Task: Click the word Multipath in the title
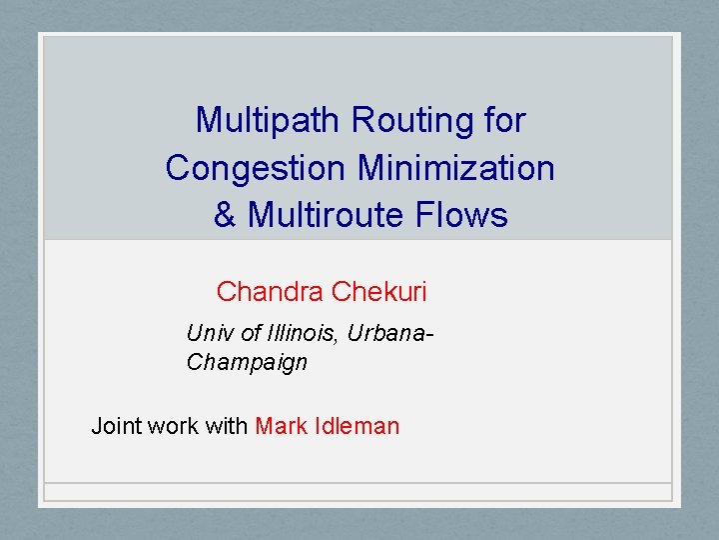click(269, 121)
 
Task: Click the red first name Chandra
click(270, 292)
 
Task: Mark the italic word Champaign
click(247, 362)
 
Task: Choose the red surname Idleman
click(355, 426)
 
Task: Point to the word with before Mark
click(227, 426)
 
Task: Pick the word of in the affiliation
click(251, 333)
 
